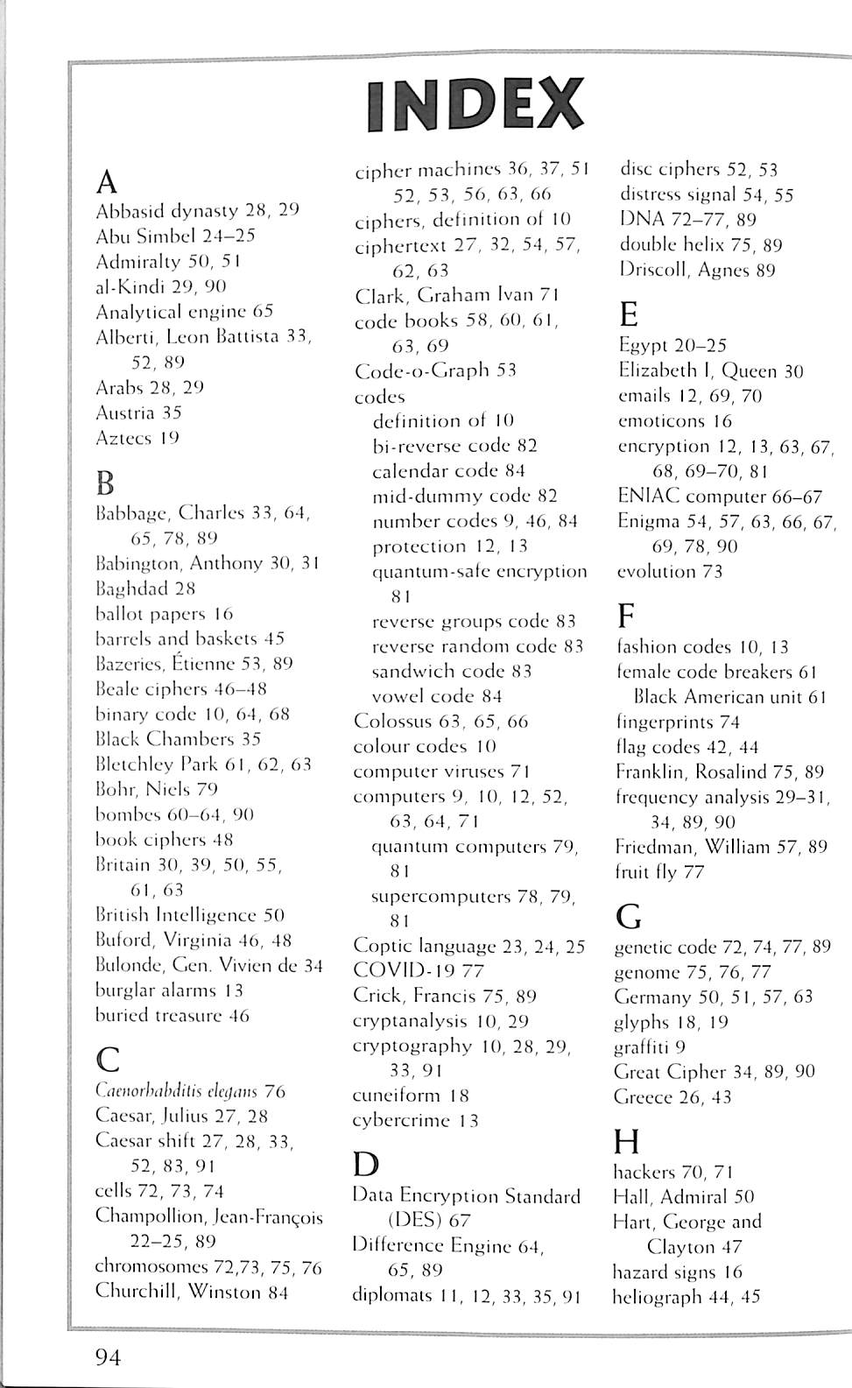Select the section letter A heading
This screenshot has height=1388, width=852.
point(106,182)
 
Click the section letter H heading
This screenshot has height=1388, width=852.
point(627,1142)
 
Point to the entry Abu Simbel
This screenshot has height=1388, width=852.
point(174,236)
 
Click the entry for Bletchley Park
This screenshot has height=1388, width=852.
point(202,764)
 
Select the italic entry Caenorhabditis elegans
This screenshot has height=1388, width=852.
point(189,1091)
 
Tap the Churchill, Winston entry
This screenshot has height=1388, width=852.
point(191,1292)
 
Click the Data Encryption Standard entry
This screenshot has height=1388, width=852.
point(466,1196)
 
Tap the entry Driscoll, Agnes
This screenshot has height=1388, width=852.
point(697,270)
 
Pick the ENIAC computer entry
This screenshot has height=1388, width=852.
point(720,497)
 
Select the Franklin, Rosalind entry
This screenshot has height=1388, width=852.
point(719,772)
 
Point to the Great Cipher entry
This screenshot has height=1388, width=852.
point(715,1072)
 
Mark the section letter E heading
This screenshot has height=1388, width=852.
point(628,314)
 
